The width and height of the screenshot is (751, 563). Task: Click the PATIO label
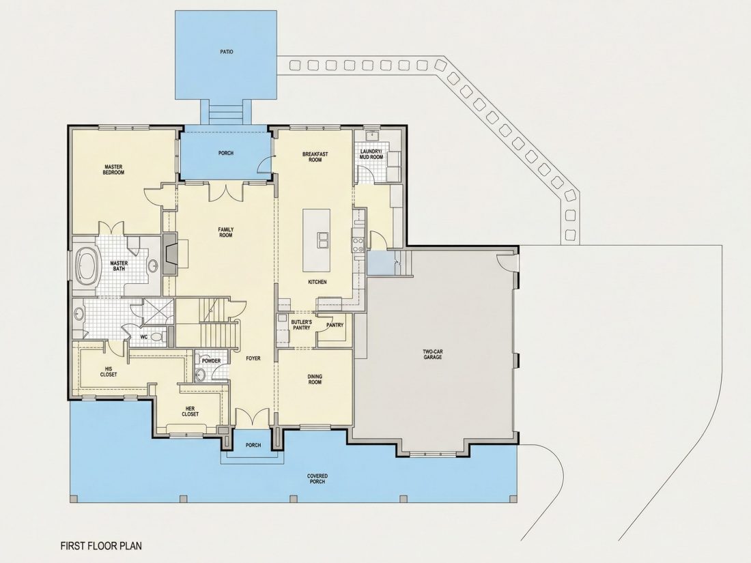[x=227, y=52]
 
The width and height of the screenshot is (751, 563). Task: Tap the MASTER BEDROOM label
[x=113, y=169]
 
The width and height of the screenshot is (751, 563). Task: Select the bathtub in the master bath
[x=87, y=265]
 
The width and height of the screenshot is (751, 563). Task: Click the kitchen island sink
[x=322, y=240]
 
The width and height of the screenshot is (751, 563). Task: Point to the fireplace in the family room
[x=170, y=254]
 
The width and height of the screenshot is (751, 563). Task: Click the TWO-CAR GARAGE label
[x=432, y=354]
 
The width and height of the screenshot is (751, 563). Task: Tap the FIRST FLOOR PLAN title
[x=101, y=545]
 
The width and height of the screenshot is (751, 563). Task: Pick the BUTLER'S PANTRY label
[x=302, y=325]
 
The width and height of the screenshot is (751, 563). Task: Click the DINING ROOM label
[x=315, y=379]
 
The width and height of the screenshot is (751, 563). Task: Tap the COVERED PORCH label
[x=317, y=479]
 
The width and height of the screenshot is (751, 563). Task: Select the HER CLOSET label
[x=190, y=412]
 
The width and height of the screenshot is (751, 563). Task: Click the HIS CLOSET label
[x=109, y=371]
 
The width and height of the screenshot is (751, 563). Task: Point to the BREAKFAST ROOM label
[x=315, y=156]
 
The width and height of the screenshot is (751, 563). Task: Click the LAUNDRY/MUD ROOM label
[x=371, y=154]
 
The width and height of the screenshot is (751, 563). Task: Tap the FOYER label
[x=253, y=358]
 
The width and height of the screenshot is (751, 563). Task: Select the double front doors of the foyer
[x=253, y=417]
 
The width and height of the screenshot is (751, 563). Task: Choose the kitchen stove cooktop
[x=358, y=242]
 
